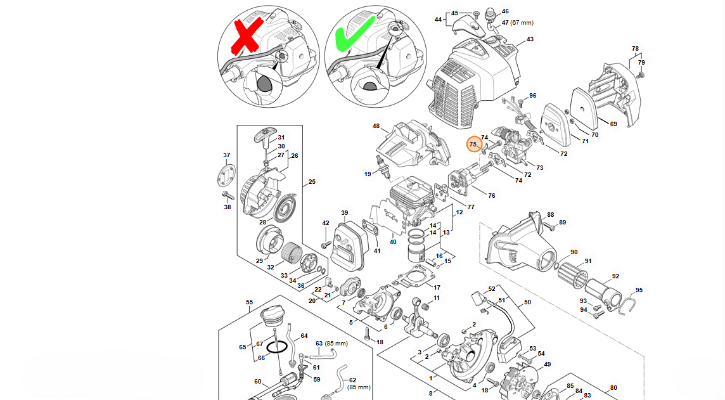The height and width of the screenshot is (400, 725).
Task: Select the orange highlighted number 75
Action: pyautogui.click(x=473, y=145)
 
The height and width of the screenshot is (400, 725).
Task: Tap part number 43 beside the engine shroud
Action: pyautogui.click(x=530, y=39)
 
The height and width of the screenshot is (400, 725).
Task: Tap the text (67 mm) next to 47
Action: pyautogui.click(x=523, y=23)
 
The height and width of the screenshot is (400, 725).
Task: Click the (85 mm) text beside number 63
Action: pyautogui.click(x=337, y=343)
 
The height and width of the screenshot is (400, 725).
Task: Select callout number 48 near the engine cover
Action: pyautogui.click(x=376, y=126)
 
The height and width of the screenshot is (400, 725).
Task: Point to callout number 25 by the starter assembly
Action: pyautogui.click(x=312, y=183)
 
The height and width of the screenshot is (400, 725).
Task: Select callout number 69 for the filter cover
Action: pyautogui.click(x=613, y=124)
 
